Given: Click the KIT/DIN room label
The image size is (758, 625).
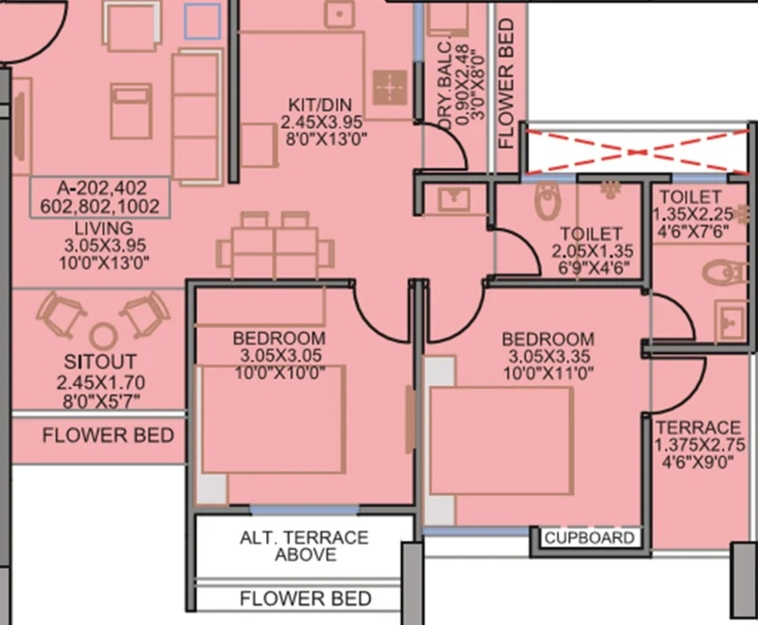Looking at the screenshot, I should (320, 105).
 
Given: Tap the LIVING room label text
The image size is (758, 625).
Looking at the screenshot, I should (104, 229).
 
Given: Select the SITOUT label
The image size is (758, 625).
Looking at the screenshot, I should (100, 361).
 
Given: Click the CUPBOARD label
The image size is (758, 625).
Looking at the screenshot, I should (589, 538).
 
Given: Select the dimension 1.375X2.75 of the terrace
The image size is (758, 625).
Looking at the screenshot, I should (699, 445).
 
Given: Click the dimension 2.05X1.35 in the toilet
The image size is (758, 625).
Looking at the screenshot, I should (592, 251).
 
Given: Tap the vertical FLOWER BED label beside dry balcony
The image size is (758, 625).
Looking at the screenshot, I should (507, 84).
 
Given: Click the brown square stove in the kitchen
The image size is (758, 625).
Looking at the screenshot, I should (390, 87).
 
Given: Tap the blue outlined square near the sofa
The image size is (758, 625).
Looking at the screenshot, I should (202, 21).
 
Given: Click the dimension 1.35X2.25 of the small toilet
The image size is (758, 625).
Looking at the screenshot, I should (692, 215).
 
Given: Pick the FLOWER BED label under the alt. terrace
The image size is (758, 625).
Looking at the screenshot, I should (305, 598).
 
